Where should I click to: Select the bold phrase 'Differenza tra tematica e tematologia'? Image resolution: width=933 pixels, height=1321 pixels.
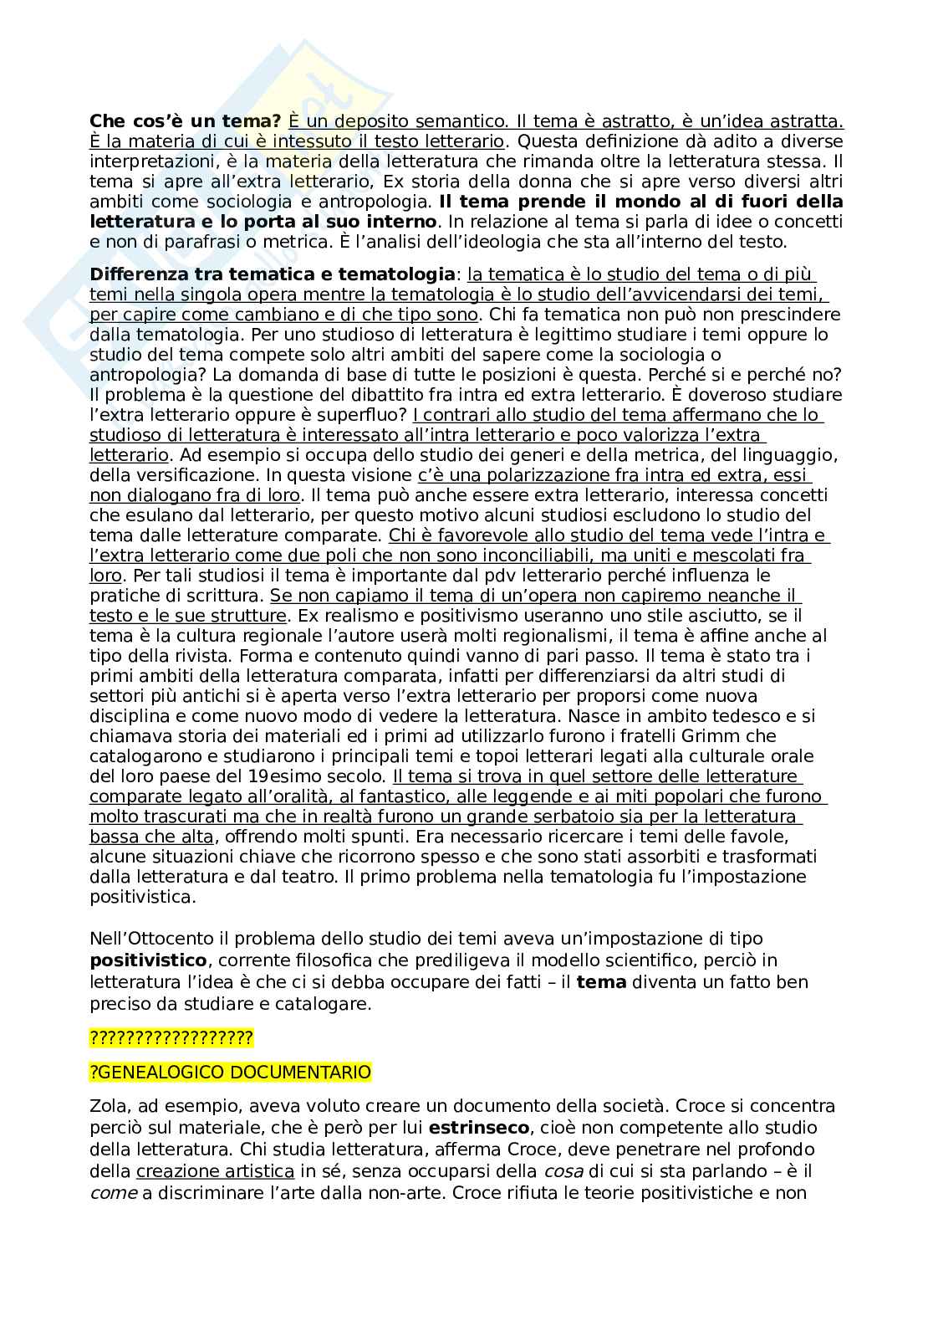[x=272, y=274]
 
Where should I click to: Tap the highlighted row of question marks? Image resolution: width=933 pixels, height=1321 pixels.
[x=171, y=1038]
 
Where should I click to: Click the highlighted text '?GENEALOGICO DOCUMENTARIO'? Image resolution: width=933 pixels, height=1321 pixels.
[x=230, y=1072]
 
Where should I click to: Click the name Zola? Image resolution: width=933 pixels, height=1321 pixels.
[x=106, y=1105]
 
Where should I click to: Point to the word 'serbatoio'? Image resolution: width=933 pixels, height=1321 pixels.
[x=602, y=816]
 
